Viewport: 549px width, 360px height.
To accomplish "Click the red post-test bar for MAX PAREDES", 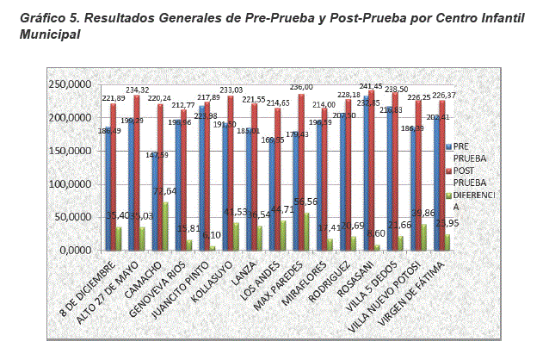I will (x=300, y=172).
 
